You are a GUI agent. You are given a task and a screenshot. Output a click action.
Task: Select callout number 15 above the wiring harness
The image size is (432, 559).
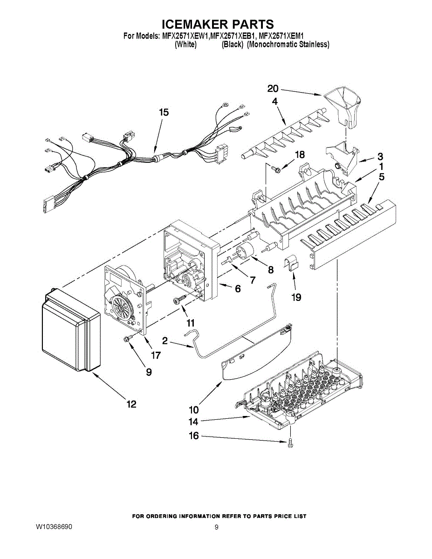coord(164,112)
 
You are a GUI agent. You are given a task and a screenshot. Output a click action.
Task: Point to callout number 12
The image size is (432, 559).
coord(132,404)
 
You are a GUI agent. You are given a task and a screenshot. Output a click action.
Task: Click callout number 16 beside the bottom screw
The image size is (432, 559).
coord(193,436)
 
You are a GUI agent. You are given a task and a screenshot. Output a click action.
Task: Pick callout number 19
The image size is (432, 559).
coord(296,297)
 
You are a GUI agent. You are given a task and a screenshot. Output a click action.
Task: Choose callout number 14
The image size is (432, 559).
coord(193,422)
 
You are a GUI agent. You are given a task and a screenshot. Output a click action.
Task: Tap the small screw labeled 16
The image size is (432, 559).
coord(290,443)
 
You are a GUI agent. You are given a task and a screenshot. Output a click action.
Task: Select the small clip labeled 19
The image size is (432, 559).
coord(291,264)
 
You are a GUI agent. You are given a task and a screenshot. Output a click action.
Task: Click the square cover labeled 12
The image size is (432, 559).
coord(70,332)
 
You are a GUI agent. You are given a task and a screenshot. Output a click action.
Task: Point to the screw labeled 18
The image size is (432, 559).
coord(275,169)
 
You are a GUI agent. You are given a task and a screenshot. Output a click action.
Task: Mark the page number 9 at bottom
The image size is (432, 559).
coord(216,527)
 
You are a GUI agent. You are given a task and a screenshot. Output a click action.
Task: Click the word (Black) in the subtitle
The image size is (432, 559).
coord(233,45)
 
